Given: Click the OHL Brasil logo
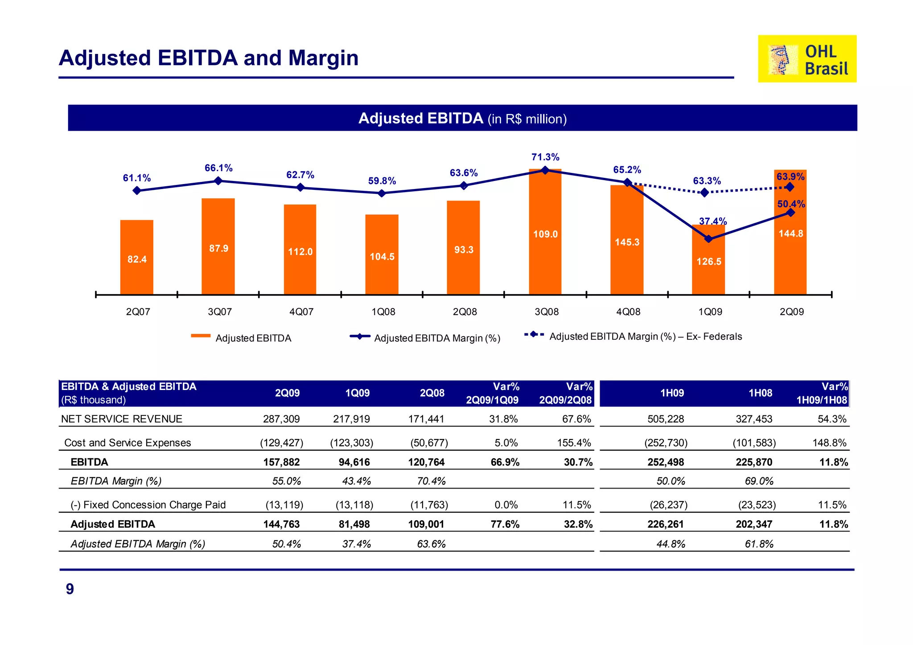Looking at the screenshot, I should (x=807, y=59).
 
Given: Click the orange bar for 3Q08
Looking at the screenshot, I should (x=545, y=232).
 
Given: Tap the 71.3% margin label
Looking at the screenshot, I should (x=545, y=157).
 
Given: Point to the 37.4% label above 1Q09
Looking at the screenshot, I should (x=712, y=221).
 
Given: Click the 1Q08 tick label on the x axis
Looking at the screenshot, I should (x=383, y=312).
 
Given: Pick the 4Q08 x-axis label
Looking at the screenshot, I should (x=628, y=312).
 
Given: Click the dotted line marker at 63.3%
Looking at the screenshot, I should (x=704, y=193).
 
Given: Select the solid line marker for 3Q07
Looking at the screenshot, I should (x=218, y=181).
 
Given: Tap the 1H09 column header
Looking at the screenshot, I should (x=672, y=393).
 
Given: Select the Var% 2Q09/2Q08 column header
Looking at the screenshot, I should (x=565, y=393).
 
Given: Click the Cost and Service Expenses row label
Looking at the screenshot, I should (x=127, y=443).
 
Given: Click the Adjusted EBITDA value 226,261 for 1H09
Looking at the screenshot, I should (x=665, y=524).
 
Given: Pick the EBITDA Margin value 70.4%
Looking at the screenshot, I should (x=431, y=481).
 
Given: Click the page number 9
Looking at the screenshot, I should (x=70, y=589).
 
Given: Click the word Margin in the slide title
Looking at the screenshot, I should (x=323, y=58).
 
